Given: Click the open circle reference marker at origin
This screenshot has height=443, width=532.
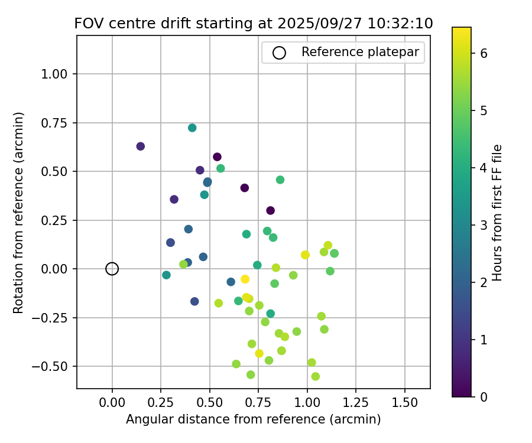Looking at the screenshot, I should pos(112,269).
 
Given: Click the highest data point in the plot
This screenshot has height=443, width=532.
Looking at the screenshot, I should pos(192,128).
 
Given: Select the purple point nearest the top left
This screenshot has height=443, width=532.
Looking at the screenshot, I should pos(141,146).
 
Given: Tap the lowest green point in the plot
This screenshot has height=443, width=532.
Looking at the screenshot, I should pos(316,376).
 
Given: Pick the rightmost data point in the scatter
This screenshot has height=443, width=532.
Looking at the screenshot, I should pos(334,253).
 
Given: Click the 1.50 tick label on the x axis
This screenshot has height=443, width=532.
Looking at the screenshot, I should pos(405,403).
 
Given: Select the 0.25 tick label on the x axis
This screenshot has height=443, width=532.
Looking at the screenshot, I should pos(161,403).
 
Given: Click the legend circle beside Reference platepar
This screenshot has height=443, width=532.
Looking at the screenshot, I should pos(279,53).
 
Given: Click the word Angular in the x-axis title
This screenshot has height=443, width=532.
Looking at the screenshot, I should pos(147,419).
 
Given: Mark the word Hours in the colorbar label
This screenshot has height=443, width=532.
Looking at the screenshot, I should pos(497,265).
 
